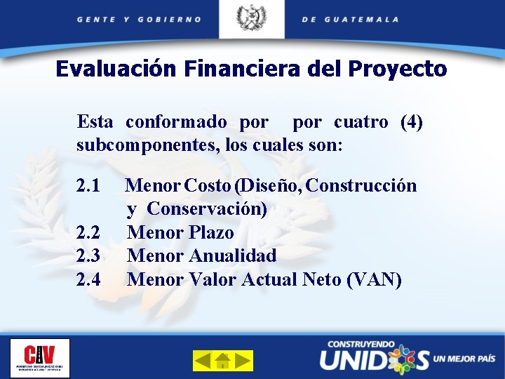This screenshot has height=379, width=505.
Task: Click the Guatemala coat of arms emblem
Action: [x=251, y=18]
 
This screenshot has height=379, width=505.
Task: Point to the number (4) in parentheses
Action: [x=411, y=122]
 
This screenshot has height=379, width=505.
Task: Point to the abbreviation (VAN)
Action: [x=375, y=279]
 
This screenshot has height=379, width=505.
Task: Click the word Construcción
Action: [x=362, y=186]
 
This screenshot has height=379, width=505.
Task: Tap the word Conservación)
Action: [x=207, y=209]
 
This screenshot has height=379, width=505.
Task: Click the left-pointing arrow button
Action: [x=203, y=361]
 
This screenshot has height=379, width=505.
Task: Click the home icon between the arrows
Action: [x=223, y=361]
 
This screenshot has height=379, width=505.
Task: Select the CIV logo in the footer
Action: [x=40, y=358]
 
